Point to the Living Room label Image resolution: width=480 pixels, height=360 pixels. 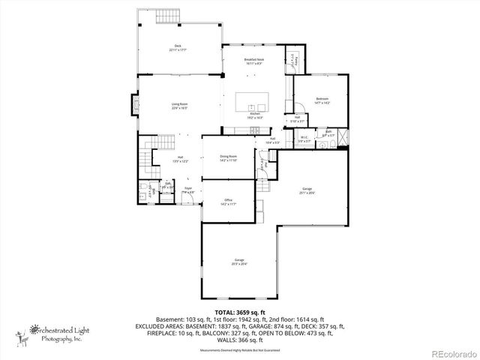(x=179, y=106)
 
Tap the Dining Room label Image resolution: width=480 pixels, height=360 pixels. (x=228, y=157)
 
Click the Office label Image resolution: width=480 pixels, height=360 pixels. (x=229, y=201)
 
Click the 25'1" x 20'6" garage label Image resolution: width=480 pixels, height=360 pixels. (x=307, y=191)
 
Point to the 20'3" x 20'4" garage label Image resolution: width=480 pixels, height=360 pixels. (x=238, y=262)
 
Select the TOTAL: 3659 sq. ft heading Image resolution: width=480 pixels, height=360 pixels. (x=240, y=311)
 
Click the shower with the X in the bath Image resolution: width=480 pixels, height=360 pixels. (x=342, y=139)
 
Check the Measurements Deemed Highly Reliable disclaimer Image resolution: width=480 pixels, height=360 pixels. (x=240, y=350)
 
